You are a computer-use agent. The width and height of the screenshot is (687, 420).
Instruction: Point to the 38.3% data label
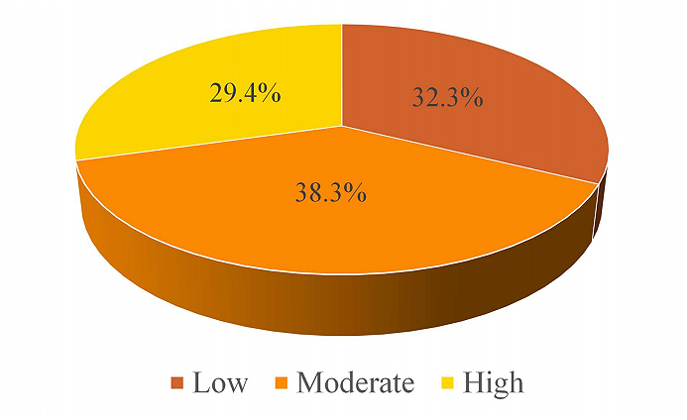[330, 192]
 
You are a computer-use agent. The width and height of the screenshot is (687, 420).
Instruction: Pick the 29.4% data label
[244, 93]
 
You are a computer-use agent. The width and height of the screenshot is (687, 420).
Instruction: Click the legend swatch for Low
[178, 383]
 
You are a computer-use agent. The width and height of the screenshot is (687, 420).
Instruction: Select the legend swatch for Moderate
[283, 383]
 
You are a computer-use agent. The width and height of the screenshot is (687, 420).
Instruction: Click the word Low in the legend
[221, 382]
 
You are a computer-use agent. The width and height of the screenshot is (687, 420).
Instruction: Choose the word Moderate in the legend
[354, 382]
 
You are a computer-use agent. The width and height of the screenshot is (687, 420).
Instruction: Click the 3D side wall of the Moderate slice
[297, 297]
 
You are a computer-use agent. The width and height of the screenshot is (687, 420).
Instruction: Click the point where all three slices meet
[342, 127]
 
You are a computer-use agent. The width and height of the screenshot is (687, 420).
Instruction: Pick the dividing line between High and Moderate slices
[208, 142]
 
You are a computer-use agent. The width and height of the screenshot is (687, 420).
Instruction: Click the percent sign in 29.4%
[270, 93]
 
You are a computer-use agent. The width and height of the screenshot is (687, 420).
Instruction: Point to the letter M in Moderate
[310, 382]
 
